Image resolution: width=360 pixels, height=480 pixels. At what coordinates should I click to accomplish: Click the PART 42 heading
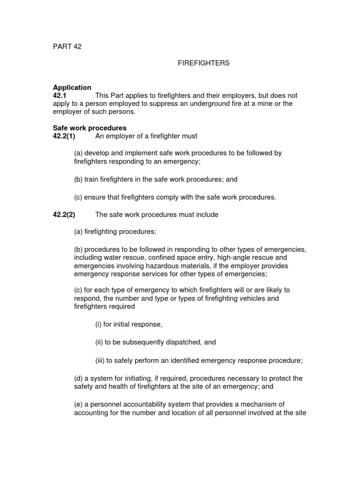[67, 47]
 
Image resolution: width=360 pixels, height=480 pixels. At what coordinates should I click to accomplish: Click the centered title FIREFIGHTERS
[203, 63]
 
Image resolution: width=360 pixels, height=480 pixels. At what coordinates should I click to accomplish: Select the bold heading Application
[72, 88]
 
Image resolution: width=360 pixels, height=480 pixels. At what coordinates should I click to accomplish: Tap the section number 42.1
[60, 96]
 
